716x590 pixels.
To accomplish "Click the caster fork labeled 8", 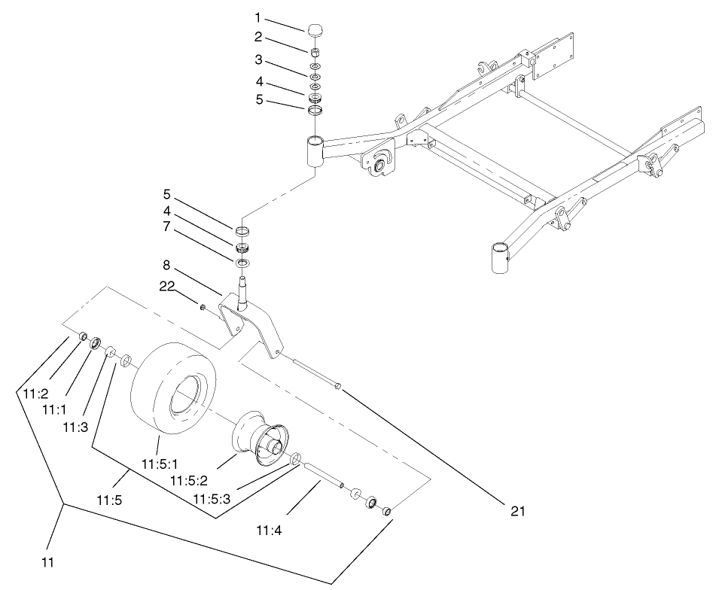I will (248, 324).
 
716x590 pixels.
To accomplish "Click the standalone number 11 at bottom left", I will (47, 561).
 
